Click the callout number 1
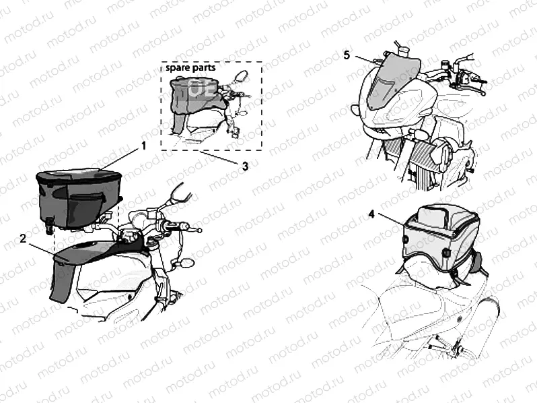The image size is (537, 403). click(x=144, y=146)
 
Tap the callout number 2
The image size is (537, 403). click(x=23, y=238)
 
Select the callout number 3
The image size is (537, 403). click(x=245, y=166)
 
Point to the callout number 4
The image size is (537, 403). click(x=371, y=214)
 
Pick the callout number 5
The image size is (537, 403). click(x=347, y=55)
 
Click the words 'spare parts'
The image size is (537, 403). click(x=190, y=67)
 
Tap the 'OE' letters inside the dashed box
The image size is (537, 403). click(x=203, y=88)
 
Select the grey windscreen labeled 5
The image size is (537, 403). click(x=393, y=82)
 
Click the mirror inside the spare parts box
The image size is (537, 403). click(x=241, y=75)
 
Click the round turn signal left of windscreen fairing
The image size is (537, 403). click(x=355, y=109)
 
